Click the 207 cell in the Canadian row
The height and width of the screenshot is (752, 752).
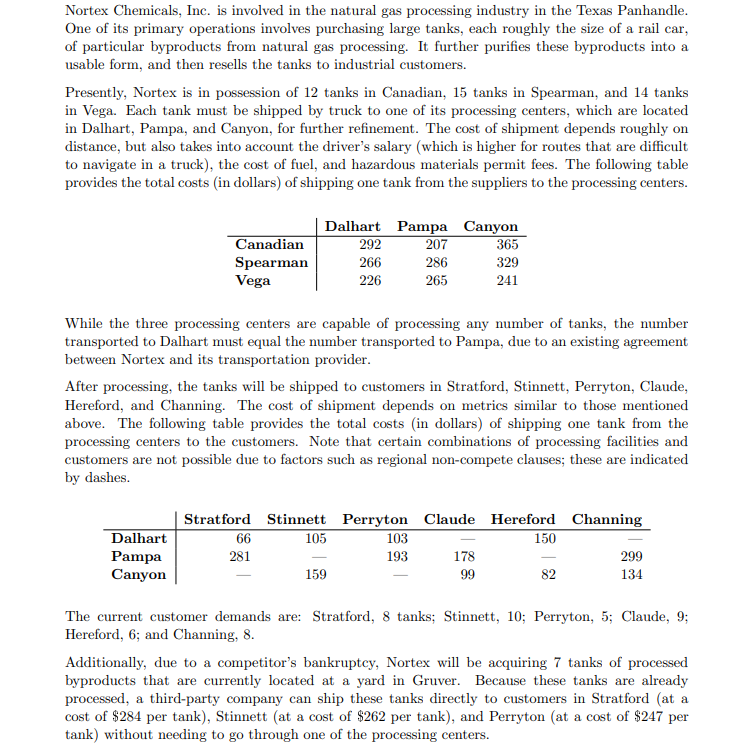point(436,245)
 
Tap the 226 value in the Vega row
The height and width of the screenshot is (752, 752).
point(369,281)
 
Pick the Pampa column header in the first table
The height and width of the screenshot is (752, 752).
point(421,227)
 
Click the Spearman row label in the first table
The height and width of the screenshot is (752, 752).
point(271,263)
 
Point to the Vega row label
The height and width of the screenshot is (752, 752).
point(253,281)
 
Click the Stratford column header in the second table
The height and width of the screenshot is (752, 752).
point(217,520)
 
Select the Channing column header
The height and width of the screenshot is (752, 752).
point(606,520)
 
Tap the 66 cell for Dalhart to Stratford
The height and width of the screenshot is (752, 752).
point(242,539)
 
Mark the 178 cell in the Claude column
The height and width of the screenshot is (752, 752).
point(462,557)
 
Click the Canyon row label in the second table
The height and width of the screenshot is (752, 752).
point(138,575)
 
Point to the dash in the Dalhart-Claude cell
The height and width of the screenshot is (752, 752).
point(462,539)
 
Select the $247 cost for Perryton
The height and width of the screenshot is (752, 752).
point(622,718)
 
